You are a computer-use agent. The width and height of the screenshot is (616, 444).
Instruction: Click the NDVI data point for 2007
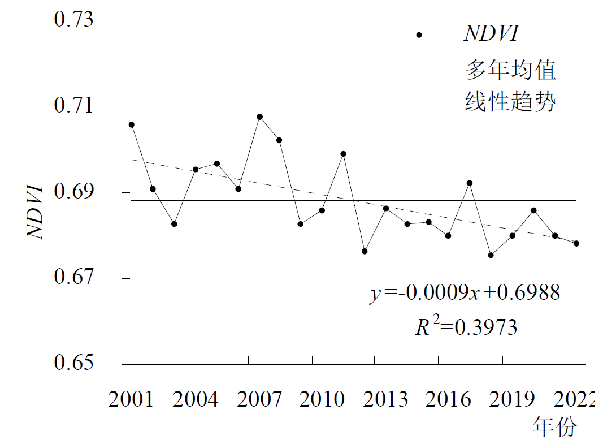click(x=259, y=117)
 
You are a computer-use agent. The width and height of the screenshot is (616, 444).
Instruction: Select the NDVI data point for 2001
click(x=132, y=124)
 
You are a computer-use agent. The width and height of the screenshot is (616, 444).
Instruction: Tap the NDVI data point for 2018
click(x=491, y=255)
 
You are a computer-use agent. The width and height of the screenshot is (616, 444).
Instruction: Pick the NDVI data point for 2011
click(x=343, y=154)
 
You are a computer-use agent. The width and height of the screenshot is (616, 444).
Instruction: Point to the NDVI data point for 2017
click(x=469, y=183)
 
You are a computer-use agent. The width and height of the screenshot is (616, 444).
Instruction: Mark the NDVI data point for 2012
click(x=365, y=251)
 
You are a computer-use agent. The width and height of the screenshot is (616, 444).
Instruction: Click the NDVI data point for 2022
click(x=576, y=243)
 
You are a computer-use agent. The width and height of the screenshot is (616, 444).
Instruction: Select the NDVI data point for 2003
click(x=174, y=224)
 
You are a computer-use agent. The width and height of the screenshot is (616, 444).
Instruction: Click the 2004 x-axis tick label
click(x=195, y=400)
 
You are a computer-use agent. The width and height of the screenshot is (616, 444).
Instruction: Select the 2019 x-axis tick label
click(x=512, y=400)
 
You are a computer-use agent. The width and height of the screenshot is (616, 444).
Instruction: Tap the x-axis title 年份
click(x=554, y=427)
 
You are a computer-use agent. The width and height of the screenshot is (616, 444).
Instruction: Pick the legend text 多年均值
click(x=510, y=70)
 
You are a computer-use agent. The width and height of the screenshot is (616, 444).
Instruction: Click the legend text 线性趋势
click(x=510, y=102)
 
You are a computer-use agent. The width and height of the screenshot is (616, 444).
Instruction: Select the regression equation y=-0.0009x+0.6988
click(x=465, y=293)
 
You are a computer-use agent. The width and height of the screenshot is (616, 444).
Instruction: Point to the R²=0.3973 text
click(x=466, y=326)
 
